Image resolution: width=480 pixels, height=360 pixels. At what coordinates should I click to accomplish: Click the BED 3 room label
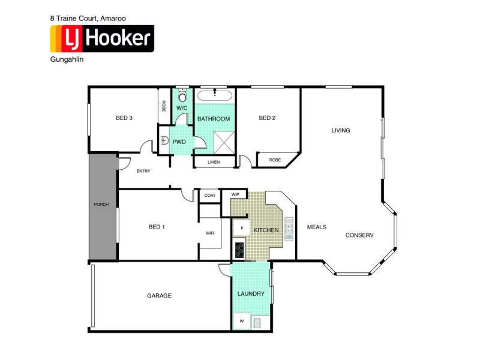coord(124,118)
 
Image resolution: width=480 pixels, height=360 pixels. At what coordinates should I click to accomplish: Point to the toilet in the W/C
coord(183,97)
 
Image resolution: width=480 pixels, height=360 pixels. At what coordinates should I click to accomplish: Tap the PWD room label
coord(179,142)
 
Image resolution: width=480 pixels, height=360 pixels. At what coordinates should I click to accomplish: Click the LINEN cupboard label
coord(214,162)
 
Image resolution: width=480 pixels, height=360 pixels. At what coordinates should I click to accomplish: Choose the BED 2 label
coord(267,118)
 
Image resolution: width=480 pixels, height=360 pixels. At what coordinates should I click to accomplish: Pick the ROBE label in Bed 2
coord(275,160)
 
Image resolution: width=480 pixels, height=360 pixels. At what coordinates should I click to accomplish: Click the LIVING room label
coord(341,130)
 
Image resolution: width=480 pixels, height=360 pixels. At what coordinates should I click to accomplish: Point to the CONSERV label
coord(359,235)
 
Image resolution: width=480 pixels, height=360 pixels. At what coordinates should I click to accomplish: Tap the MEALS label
coord(316,227)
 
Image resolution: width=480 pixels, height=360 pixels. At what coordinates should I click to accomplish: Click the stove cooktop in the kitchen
coord(239,248)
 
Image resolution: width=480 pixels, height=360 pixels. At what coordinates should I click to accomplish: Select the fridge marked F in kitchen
coord(241,229)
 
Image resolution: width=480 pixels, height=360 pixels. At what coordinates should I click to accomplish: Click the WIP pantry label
coord(235,194)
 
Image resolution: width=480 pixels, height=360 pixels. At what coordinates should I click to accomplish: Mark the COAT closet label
coord(210,195)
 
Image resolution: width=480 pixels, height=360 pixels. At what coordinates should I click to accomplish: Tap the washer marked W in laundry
coord(241,321)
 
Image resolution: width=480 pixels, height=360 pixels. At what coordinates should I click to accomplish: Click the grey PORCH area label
coord(101,205)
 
